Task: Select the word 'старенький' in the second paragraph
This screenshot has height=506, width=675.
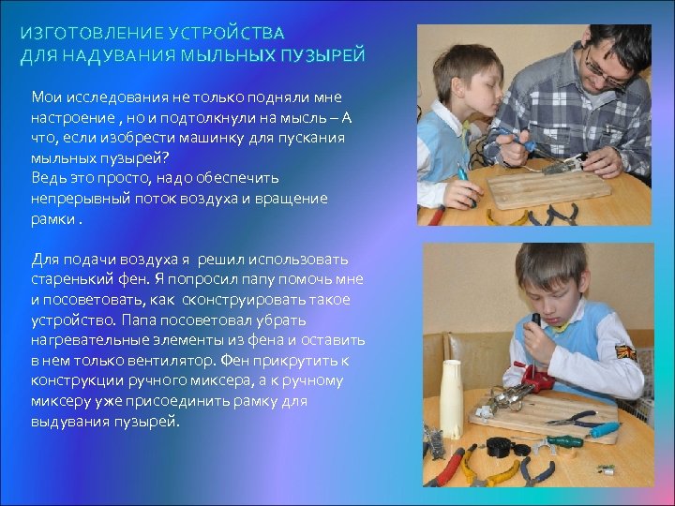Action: point(72,278)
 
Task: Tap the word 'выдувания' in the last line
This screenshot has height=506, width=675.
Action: point(71,421)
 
